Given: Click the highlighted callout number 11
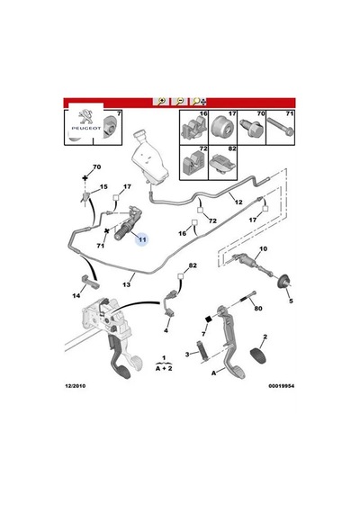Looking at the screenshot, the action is [x=142, y=239].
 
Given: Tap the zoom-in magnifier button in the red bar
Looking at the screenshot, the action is [x=161, y=102].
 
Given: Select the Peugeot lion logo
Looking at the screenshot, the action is [x=85, y=116].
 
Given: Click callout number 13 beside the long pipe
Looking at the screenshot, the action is [x=126, y=284].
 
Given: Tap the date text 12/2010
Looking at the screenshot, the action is [x=76, y=386].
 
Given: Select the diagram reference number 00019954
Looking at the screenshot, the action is [x=282, y=386].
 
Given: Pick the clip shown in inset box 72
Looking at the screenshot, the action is [x=193, y=163].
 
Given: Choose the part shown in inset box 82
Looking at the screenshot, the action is [x=223, y=163].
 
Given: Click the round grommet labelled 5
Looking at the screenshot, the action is [x=284, y=282].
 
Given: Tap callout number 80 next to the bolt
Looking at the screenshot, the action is [x=258, y=308].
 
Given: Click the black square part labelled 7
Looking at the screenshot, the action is [x=209, y=319].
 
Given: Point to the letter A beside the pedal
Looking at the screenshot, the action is [x=213, y=373].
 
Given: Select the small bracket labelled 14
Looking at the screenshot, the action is [x=88, y=282].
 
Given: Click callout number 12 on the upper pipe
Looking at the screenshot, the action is [x=238, y=202].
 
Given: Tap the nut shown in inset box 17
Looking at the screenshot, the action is [x=222, y=128].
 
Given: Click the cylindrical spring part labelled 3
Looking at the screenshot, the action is [x=202, y=352].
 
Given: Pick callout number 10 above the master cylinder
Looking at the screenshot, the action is [x=263, y=248].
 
